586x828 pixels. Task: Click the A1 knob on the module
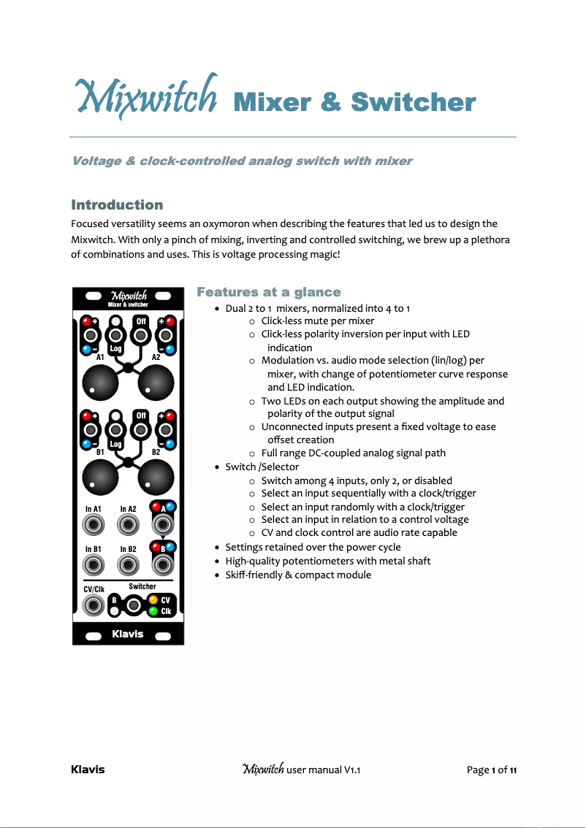pos(100,380)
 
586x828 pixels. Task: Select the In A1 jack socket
pos(93,524)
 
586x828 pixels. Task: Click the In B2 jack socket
pos(128,564)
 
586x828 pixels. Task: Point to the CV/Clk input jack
pos(93,605)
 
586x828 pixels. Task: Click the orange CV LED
pos(153,600)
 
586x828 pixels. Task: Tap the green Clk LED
pos(153,611)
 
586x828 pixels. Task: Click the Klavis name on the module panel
pos(128,634)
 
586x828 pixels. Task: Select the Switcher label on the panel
pos(142,586)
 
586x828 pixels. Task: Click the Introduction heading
pos(117,204)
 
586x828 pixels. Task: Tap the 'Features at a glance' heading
pos(269,292)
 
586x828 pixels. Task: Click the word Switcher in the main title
pos(414,102)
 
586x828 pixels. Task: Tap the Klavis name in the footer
pos(88,770)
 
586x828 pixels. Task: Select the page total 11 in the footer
pos(514,770)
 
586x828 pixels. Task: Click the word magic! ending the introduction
pos(323,254)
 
